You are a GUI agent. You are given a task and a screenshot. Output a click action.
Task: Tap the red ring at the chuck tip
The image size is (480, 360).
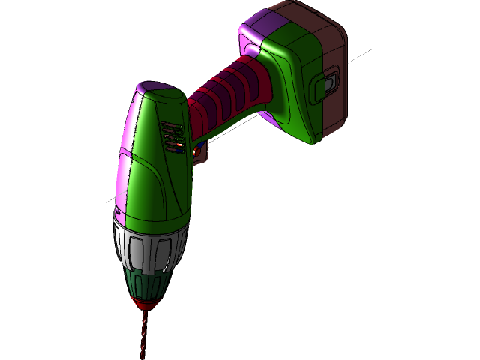point(146,301)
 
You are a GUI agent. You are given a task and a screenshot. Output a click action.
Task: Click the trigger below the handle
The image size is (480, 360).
point(199,151)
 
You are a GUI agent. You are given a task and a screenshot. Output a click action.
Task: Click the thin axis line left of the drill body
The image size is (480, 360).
point(110,201)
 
